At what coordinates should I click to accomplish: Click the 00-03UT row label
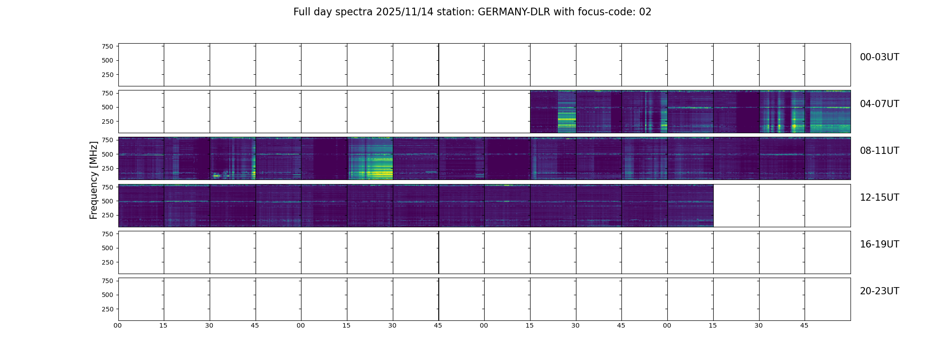(879, 57)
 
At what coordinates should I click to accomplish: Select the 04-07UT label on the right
(879, 104)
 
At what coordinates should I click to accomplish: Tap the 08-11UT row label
(879, 151)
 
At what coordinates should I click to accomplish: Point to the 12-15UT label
(879, 198)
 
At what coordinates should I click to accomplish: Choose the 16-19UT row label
(879, 244)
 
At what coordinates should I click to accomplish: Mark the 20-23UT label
(879, 291)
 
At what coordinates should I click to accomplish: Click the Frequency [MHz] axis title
(94, 180)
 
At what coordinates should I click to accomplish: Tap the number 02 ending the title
(645, 12)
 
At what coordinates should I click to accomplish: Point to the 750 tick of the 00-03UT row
(107, 46)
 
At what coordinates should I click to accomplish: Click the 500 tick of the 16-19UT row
(107, 248)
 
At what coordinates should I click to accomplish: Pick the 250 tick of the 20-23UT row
(107, 309)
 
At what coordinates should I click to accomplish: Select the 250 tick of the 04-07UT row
(107, 121)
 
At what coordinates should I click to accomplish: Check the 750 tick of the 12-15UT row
(107, 187)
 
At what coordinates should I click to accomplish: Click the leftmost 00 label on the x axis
(117, 325)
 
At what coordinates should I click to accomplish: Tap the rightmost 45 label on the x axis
(804, 325)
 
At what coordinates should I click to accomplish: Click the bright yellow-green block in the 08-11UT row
(370, 159)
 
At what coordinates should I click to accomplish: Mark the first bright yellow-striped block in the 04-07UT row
(567, 112)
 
